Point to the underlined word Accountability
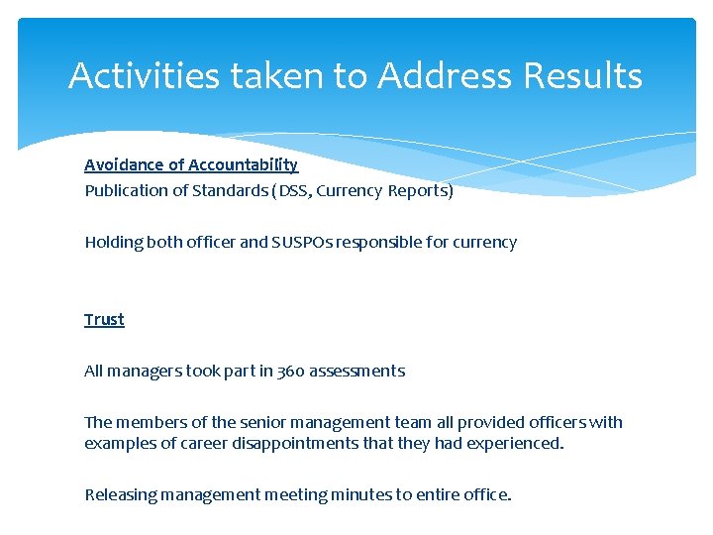coord(243,164)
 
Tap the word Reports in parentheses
coord(420,190)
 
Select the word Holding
coord(113,242)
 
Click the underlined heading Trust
coord(104,319)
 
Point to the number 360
coord(290,371)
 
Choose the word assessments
coord(356,371)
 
